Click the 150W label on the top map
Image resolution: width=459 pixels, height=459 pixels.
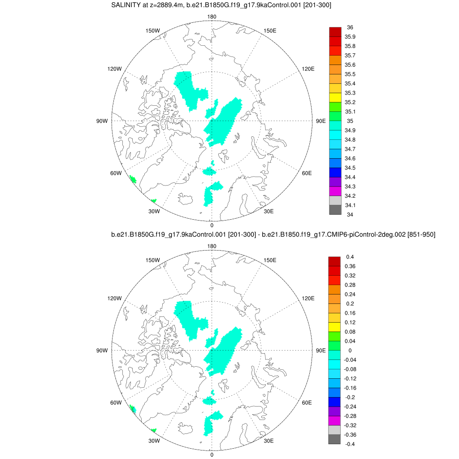pos(153,30)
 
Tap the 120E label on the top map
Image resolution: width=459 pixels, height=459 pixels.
pos(308,69)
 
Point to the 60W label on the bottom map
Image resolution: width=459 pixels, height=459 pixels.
pos(116,403)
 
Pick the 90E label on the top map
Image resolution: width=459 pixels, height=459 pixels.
pos(321,121)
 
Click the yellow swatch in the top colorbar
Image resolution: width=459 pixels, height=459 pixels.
pos(335,97)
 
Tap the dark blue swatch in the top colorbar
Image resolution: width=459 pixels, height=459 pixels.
pos(335,172)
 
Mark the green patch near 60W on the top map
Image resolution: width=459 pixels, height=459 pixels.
pos(133,179)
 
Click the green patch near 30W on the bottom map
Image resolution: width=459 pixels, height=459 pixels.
pos(154,430)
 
